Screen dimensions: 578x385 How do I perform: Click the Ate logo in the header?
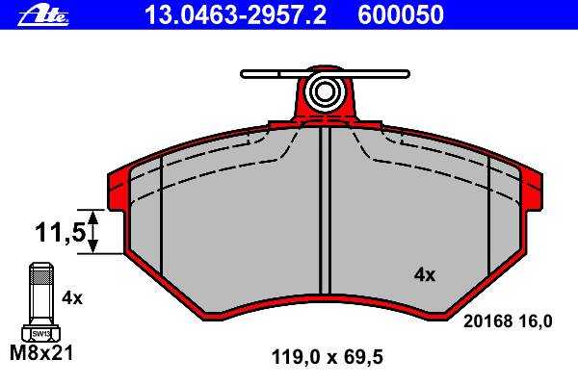click(x=43, y=16)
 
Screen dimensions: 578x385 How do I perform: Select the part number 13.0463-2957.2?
click(x=235, y=15)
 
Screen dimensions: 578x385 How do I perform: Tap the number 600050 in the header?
click(x=401, y=15)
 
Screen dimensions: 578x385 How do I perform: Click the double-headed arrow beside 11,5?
click(x=93, y=232)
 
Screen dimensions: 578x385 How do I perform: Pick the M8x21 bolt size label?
click(x=41, y=352)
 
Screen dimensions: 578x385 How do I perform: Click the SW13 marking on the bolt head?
click(x=40, y=334)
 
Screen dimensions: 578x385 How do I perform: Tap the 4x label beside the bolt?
click(x=72, y=297)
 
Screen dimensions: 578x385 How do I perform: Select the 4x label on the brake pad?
click(x=425, y=275)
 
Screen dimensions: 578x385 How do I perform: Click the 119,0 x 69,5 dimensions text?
click(x=327, y=357)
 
